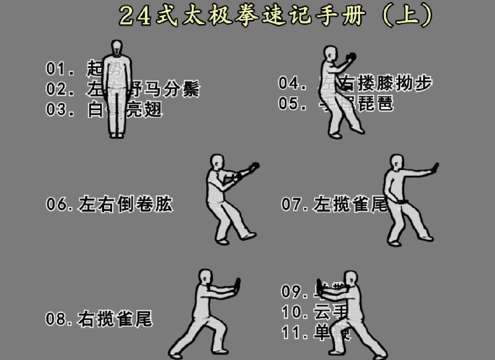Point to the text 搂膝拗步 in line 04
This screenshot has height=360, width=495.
point(395,83)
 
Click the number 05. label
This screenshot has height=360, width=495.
point(292,103)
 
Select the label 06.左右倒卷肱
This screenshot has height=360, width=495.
point(109,204)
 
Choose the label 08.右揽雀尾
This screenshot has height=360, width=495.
point(99,319)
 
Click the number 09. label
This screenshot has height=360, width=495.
point(295,291)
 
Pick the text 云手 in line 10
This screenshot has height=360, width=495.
point(331,312)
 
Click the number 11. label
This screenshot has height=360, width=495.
point(295,333)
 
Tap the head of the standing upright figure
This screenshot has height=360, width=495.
point(117,48)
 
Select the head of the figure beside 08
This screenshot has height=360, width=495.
point(205,277)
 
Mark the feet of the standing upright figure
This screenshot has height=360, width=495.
point(117,135)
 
